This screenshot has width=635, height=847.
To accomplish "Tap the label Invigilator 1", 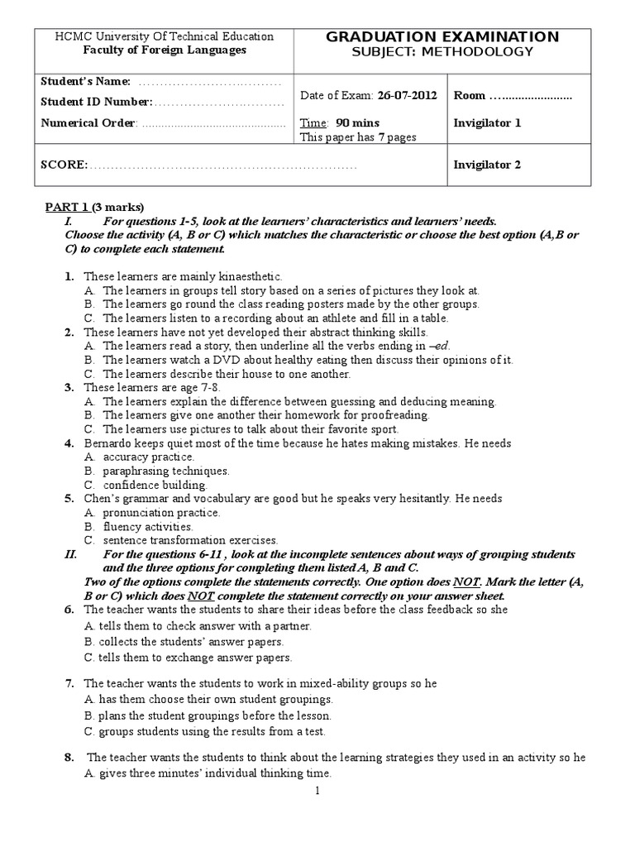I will coord(487,123).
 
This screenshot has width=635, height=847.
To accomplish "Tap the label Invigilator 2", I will coord(487,165).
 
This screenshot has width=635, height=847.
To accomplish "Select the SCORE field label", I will coord(64,165).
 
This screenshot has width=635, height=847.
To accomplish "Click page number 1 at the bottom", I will coord(317,792).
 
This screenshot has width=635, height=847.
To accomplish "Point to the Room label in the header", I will coord(470,95).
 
